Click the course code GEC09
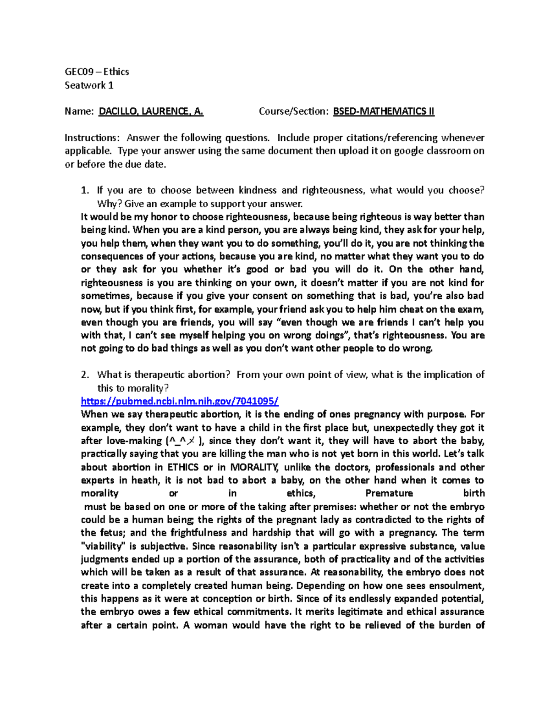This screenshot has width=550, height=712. pos(79,72)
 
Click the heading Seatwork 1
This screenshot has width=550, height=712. pos(89,85)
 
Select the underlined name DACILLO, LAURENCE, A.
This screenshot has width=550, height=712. pos(151,111)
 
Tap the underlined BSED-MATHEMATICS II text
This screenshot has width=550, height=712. pos(383,111)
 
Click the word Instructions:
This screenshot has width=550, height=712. pos(92,138)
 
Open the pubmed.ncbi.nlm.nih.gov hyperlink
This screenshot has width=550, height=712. pos(179,401)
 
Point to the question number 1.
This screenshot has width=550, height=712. pos(84,190)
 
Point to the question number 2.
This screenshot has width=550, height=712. pos(84,375)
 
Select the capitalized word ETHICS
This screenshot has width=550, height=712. pos(182,467)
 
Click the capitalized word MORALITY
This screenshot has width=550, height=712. pos(254,467)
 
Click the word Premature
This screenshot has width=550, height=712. pos(389,493)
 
